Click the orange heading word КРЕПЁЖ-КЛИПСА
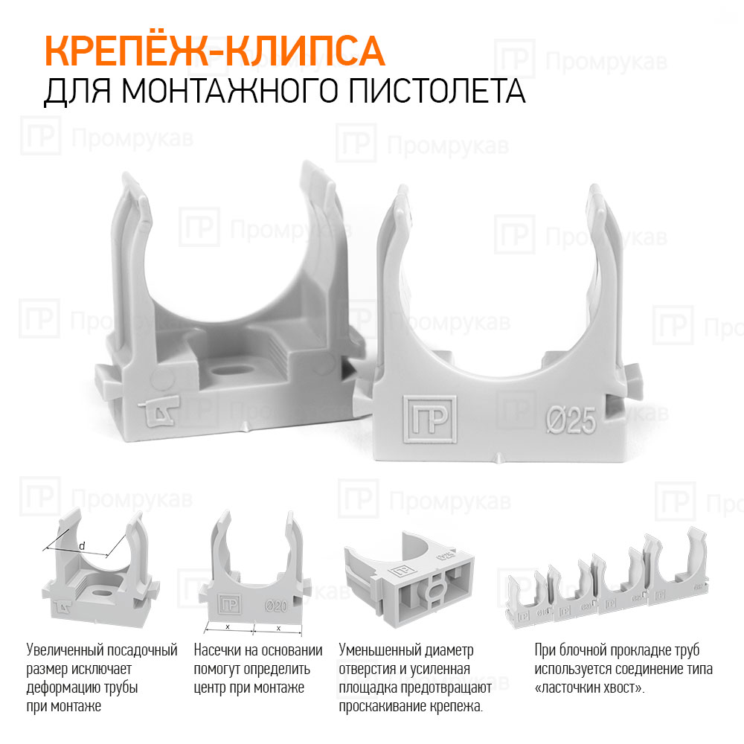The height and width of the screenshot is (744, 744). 214,51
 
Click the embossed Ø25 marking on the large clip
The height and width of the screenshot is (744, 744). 571,420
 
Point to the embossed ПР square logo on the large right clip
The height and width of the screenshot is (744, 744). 430,420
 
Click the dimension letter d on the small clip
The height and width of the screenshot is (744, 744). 82,546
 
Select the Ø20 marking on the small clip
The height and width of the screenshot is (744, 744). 276,606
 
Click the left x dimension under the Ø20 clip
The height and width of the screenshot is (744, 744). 228,628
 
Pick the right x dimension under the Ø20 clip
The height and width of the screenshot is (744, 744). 278,629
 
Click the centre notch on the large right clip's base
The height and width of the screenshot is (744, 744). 498,458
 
